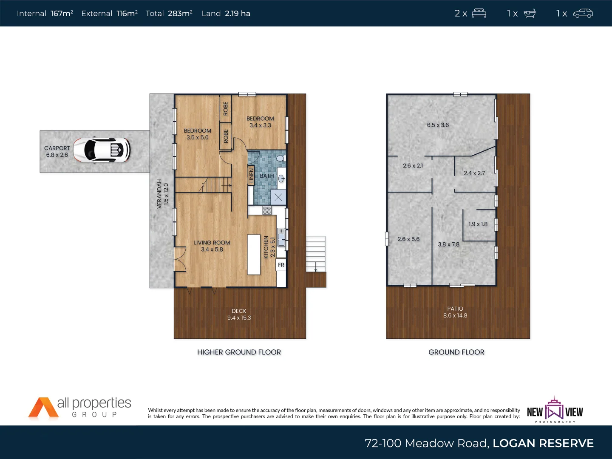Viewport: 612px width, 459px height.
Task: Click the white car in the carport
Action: click(x=102, y=150)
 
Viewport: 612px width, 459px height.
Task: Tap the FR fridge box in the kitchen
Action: click(x=281, y=265)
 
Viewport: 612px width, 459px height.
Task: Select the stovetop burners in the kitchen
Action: click(x=267, y=210)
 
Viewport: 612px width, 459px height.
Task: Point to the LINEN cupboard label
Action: click(x=251, y=176)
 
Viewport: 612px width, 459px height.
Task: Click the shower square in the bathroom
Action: click(x=278, y=197)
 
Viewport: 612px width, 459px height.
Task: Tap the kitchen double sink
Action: click(x=281, y=237)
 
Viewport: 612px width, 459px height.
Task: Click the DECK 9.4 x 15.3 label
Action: click(x=239, y=314)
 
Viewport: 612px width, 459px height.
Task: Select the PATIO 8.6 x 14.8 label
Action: click(x=455, y=312)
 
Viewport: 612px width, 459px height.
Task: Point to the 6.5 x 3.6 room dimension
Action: click(x=438, y=125)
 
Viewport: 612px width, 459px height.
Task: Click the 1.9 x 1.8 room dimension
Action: click(x=478, y=224)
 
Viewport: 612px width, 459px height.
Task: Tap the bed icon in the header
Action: click(x=479, y=13)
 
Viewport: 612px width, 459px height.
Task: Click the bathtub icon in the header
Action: click(x=530, y=13)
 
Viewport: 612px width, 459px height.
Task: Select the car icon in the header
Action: click(x=583, y=13)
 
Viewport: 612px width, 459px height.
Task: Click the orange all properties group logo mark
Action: click(x=43, y=408)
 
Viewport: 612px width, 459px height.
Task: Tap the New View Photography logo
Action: click(x=555, y=410)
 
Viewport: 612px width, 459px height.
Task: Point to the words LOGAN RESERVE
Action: click(x=543, y=443)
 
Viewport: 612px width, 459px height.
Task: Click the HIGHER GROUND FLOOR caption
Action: click(x=239, y=352)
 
